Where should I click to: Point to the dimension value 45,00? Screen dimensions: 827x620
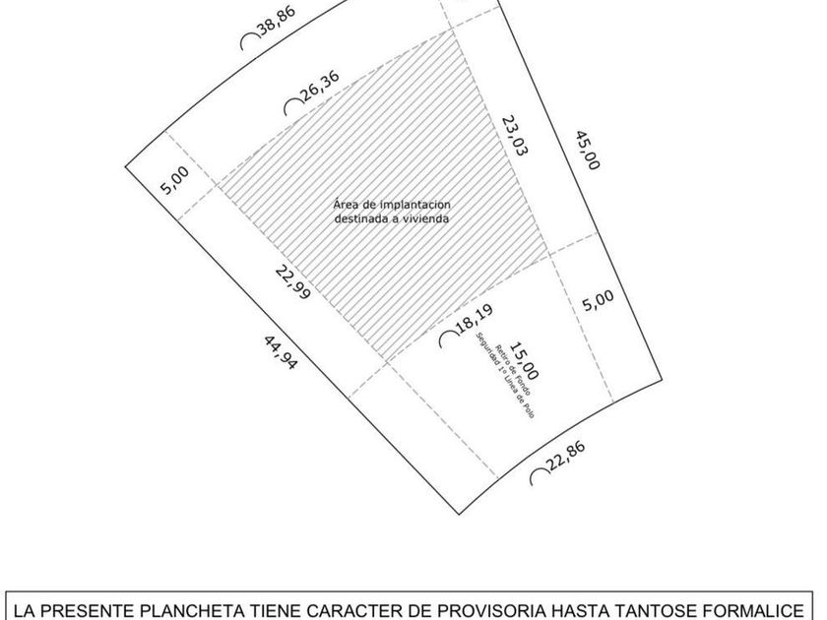pos(586,147)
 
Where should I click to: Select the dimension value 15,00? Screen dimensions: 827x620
pos(524,361)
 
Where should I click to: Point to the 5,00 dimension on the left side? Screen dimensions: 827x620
pos(175,179)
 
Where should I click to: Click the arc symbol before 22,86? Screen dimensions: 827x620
pos(540,476)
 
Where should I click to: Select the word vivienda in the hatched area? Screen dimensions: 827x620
pos(422,218)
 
